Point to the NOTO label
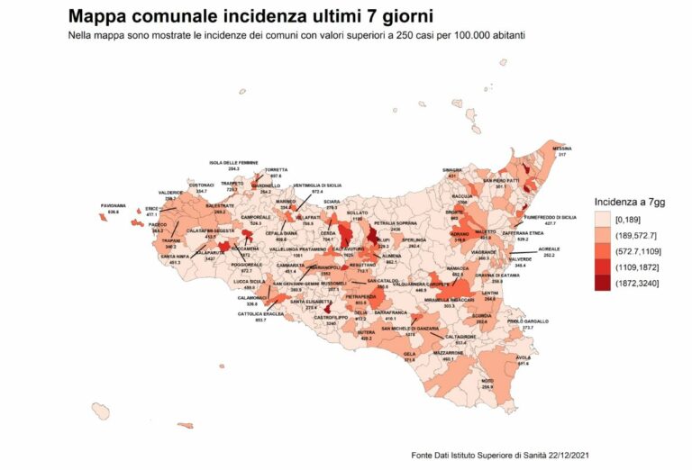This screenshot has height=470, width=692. coord(487,381)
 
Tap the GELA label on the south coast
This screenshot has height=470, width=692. coord(409,354)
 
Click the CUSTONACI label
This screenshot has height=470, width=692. coord(201,185)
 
